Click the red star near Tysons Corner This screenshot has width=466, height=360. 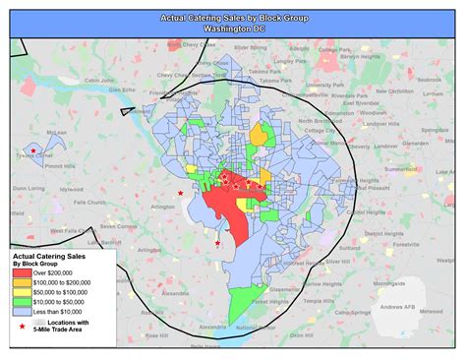[x=33, y=150]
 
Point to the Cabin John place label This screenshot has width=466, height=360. [x=99, y=82]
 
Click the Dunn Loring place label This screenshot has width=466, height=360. [x=29, y=186]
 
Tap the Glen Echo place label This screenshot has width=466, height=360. [x=121, y=90]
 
